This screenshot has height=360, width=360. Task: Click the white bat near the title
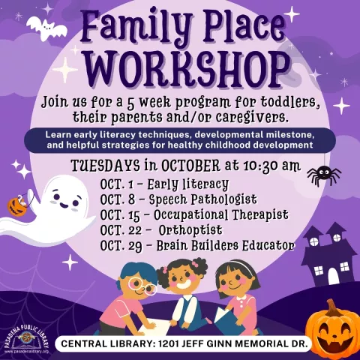(46, 28)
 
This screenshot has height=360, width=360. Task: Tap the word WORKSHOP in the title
(178, 70)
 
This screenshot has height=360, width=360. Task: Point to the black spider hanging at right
(323, 175)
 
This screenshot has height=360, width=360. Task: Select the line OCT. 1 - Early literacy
(165, 183)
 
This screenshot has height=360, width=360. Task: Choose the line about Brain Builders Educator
(196, 246)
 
